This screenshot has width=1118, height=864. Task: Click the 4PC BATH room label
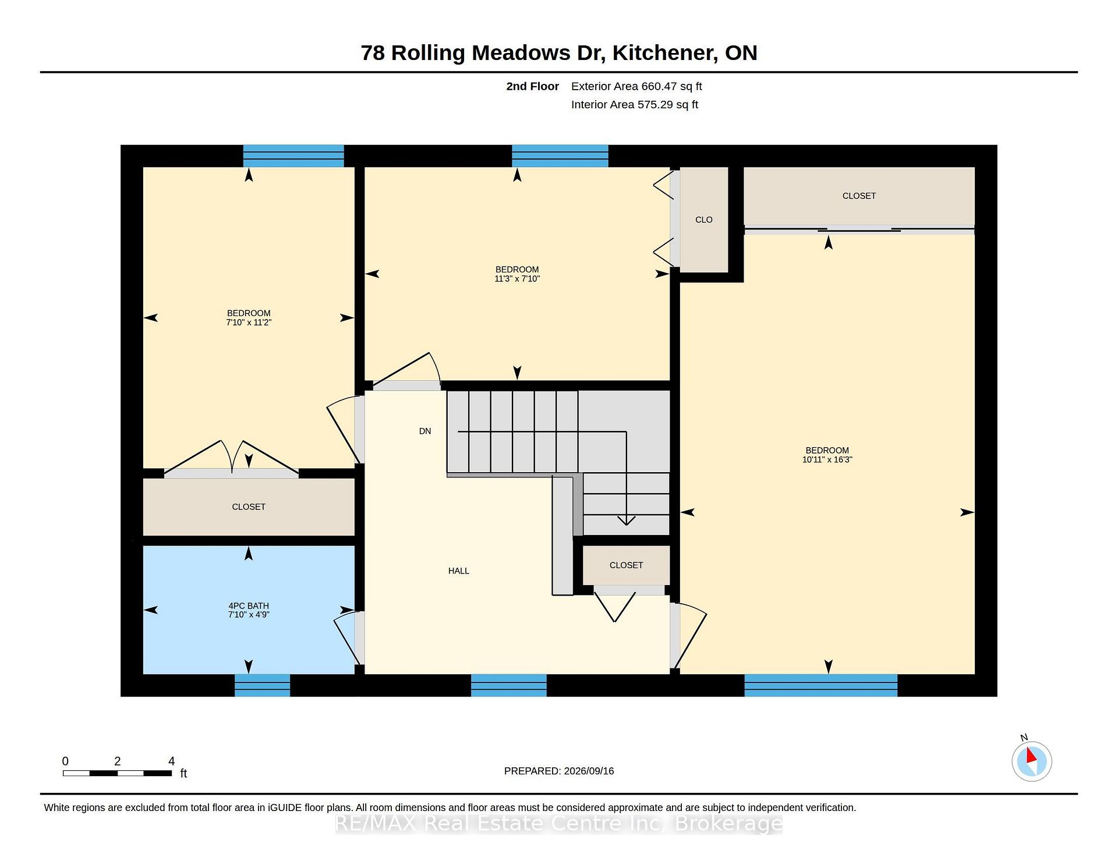click(249, 605)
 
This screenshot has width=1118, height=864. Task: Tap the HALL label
click(459, 571)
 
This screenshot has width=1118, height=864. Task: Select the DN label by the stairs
click(425, 431)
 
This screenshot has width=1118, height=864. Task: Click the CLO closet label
click(704, 219)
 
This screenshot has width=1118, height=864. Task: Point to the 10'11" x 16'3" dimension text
click(827, 459)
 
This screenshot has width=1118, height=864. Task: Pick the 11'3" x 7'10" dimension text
click(517, 279)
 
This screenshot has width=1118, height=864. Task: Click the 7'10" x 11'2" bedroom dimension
click(249, 323)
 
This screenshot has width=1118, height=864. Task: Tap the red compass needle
click(1031, 755)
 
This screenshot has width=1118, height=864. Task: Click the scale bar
click(117, 773)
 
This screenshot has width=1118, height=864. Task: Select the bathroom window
click(262, 685)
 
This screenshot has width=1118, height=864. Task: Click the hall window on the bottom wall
click(508, 685)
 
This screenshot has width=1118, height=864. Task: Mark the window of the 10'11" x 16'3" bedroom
click(820, 685)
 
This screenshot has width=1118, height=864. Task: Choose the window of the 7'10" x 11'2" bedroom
click(293, 156)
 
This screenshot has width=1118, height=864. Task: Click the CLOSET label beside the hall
click(627, 565)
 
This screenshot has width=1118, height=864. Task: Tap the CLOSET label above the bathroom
click(249, 507)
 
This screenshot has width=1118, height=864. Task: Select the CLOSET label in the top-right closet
click(859, 196)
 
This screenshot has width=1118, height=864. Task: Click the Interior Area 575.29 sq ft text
click(635, 105)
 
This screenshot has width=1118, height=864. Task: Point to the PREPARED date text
click(559, 771)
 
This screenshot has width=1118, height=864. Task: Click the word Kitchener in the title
click(664, 53)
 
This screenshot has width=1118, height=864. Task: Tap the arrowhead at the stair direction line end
click(627, 520)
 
